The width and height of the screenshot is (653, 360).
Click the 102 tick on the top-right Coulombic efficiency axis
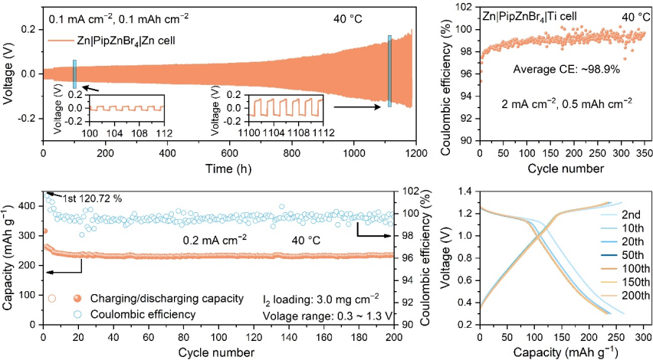(x=463, y=6)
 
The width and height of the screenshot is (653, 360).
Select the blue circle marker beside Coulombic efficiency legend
(x=52, y=313)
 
